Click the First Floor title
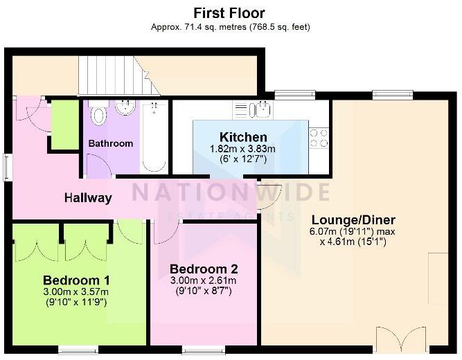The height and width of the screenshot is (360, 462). [x=230, y=12]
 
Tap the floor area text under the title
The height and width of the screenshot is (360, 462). [x=230, y=27]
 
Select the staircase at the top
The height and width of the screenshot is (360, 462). [x=114, y=75]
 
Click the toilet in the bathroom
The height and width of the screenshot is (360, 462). [x=98, y=113]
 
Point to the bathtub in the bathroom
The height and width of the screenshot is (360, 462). [x=152, y=136]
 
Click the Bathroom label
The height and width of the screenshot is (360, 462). [x=110, y=144]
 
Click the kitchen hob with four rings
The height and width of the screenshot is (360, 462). [x=319, y=138]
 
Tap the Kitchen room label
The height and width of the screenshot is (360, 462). [x=243, y=137]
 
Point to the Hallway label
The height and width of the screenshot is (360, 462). [x=88, y=198]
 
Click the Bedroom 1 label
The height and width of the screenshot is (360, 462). [x=76, y=280]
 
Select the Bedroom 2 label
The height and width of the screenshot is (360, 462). [x=204, y=269]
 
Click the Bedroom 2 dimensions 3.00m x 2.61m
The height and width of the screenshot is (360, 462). [x=204, y=280]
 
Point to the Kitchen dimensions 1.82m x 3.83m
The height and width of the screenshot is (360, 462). [x=243, y=149]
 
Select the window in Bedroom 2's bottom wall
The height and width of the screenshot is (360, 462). [x=202, y=350]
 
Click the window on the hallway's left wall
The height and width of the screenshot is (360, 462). [x=7, y=167]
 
